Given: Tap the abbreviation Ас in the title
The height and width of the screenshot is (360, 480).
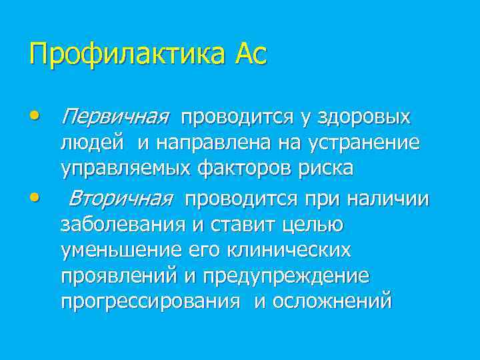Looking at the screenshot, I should tap(250, 53).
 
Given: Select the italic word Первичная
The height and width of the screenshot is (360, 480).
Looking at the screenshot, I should tap(113, 117).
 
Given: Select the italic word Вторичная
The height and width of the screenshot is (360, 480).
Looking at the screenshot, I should tap(121, 199).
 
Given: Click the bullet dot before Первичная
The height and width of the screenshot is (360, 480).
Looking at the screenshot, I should tap(34, 116).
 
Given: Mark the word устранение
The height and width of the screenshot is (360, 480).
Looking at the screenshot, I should tap(364, 143).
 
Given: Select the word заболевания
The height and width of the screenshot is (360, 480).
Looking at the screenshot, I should tap(123, 225).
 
